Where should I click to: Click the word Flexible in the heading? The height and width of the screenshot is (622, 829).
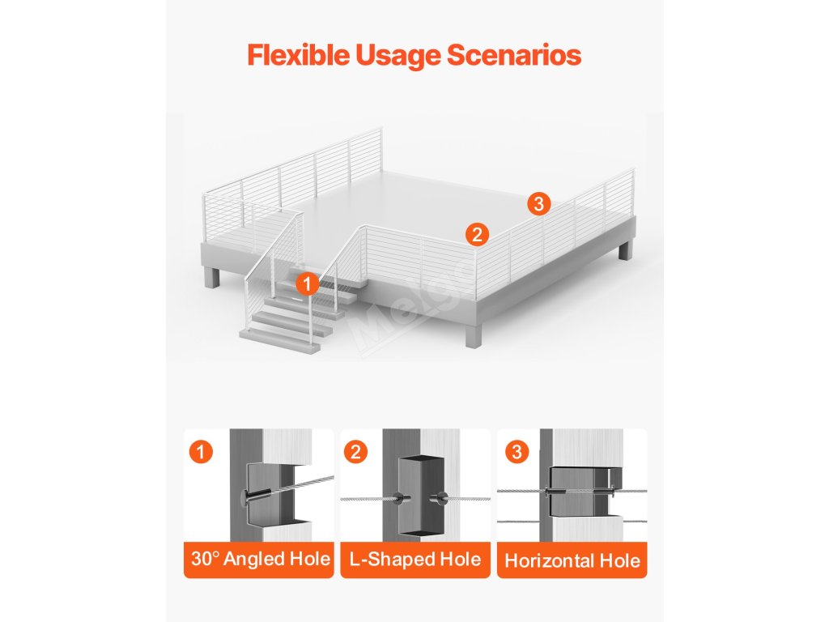pyautogui.click(x=298, y=55)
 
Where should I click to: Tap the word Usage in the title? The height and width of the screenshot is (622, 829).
pyautogui.click(x=397, y=56)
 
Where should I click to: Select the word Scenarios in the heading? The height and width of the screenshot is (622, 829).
pyautogui.click(x=514, y=55)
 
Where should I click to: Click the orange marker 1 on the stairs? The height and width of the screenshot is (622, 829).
pyautogui.click(x=307, y=284)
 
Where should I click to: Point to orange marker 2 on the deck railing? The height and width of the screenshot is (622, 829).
pyautogui.click(x=477, y=234)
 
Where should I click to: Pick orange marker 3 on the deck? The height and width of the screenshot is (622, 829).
pyautogui.click(x=538, y=203)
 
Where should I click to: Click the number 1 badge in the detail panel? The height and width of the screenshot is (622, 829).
pyautogui.click(x=201, y=452)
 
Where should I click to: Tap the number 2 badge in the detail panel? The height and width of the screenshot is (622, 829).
pyautogui.click(x=355, y=452)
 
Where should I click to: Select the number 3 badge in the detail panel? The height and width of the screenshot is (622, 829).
pyautogui.click(x=517, y=452)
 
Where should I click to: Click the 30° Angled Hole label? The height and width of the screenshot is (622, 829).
pyautogui.click(x=260, y=559)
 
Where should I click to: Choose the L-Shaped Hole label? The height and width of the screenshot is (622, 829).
pyautogui.click(x=415, y=559)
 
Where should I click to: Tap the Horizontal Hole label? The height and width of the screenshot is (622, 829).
pyautogui.click(x=572, y=560)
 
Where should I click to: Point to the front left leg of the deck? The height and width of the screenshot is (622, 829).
pyautogui.click(x=213, y=277)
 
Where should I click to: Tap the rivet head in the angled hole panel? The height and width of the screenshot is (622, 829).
pyautogui.click(x=244, y=496)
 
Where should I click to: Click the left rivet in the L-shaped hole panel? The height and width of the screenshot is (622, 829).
pyautogui.click(x=400, y=498)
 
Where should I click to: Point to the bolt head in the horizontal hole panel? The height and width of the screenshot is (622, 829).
pyautogui.click(x=546, y=492)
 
